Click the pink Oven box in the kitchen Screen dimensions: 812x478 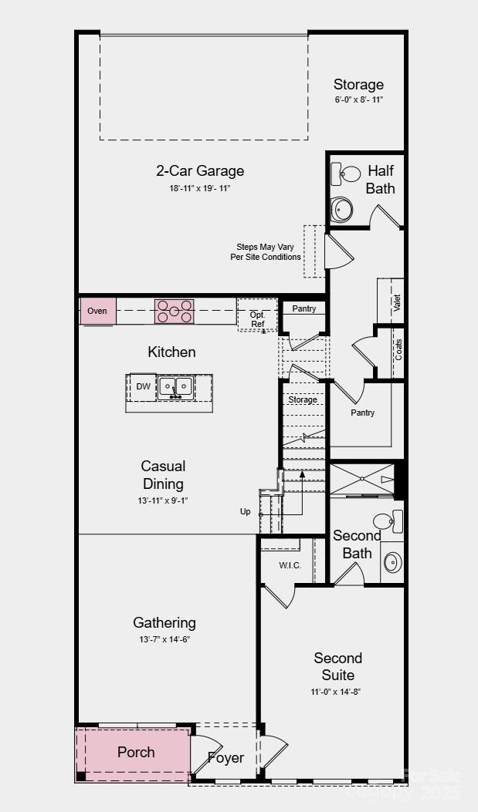97,311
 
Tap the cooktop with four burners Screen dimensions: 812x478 175,312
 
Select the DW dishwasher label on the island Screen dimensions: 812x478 144,386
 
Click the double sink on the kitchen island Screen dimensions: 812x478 175,386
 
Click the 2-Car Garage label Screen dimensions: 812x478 199,171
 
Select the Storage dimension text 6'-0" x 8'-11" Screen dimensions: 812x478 358,100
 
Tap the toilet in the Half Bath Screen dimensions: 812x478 346,175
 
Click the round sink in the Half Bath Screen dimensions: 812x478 341,208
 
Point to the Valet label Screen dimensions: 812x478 397,302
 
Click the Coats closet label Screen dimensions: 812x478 398,349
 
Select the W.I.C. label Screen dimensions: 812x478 290,565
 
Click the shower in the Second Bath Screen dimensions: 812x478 361,480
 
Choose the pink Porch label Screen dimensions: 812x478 136,752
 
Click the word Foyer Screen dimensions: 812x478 225,758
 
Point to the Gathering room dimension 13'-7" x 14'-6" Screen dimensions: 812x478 164,640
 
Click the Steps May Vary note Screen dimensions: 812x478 266,252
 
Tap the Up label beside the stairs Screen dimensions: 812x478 246,511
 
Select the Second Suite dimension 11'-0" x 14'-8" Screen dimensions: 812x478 337,692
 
